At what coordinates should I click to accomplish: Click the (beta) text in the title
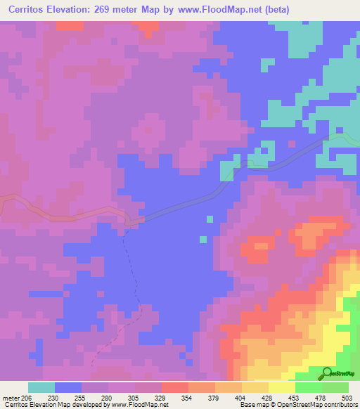click(x=273, y=10)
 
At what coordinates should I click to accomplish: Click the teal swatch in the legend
click(x=41, y=387)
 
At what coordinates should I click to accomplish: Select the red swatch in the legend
click(x=174, y=387)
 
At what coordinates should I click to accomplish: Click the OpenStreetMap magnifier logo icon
click(x=328, y=372)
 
